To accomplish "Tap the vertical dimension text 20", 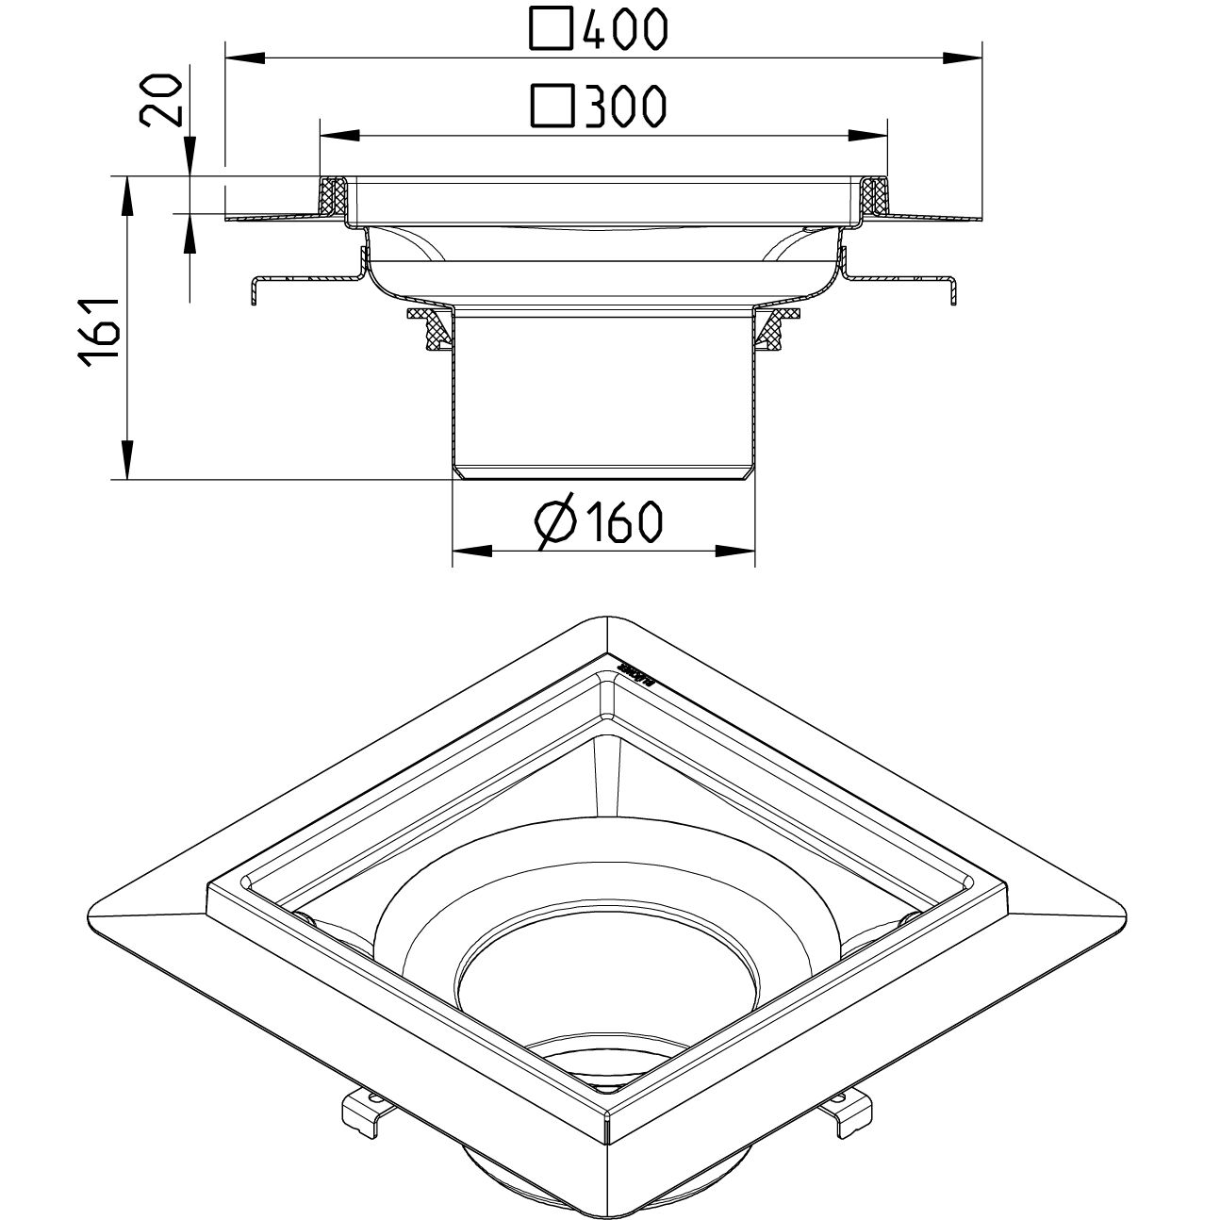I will (160, 101).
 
